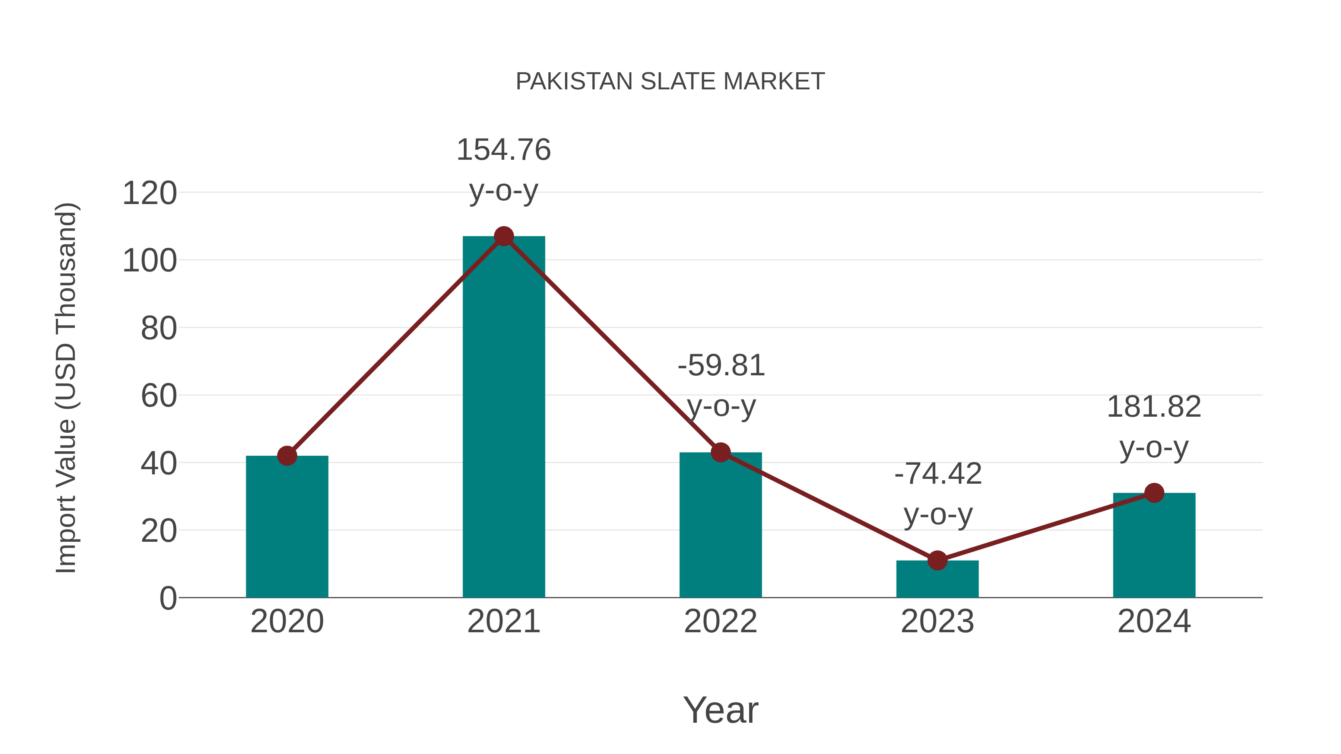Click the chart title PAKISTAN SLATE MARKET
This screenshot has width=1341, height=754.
click(670, 82)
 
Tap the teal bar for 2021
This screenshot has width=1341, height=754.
click(503, 416)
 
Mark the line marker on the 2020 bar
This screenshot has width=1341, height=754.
click(287, 456)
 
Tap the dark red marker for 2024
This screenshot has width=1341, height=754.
click(1154, 493)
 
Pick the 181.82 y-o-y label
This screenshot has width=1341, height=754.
click(1154, 427)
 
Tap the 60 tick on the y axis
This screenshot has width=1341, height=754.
click(159, 396)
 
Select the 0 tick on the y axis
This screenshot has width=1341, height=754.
click(168, 598)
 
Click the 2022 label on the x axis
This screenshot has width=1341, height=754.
click(720, 621)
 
